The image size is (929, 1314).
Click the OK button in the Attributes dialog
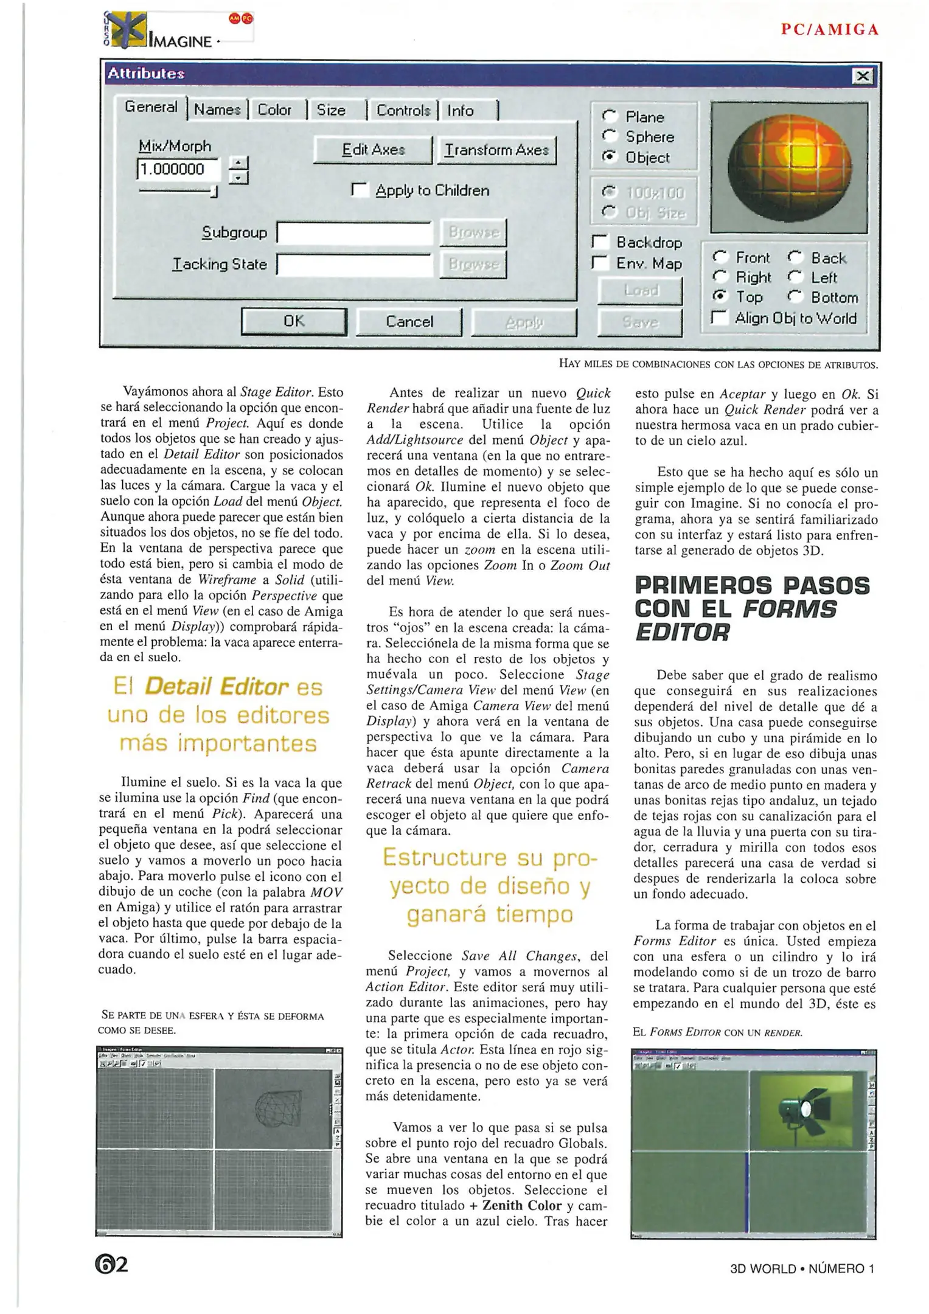tap(294, 321)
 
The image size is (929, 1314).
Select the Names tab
tap(218, 110)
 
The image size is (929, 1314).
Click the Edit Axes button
tap(373, 150)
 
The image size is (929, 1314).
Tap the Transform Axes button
tap(496, 150)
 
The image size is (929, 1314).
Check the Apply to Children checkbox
tap(360, 190)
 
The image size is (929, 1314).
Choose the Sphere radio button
tap(609, 137)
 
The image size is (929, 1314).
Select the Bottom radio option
tap(795, 297)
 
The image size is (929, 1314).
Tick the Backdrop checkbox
tap(601, 242)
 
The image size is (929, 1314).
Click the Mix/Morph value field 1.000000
tap(178, 169)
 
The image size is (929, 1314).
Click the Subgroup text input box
tap(354, 232)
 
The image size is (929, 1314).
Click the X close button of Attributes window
tap(863, 76)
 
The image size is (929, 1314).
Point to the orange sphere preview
tap(789, 167)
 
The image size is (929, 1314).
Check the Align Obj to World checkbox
tap(720, 318)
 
